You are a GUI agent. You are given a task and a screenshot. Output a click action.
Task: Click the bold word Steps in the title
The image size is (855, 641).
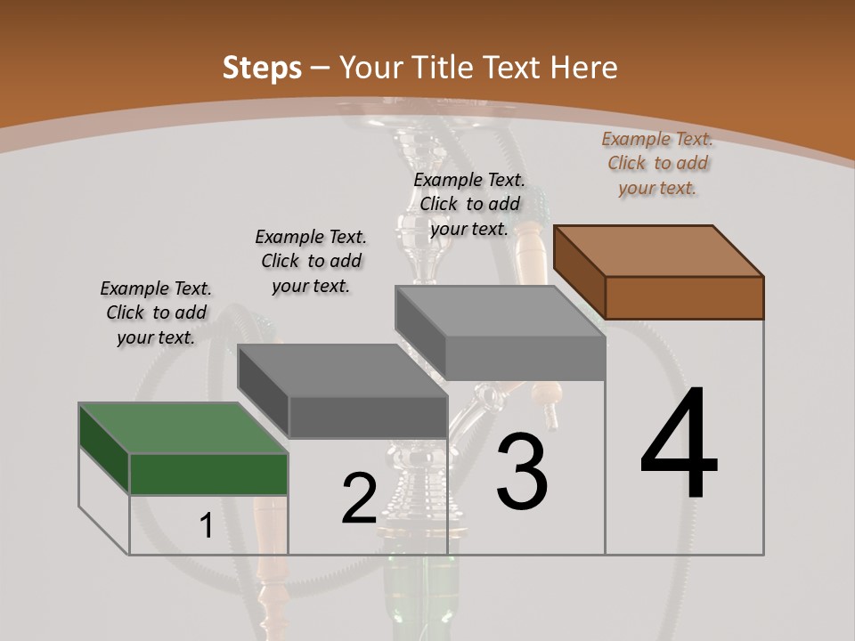click(x=261, y=68)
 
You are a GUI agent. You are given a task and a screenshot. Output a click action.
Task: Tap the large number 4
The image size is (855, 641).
click(x=679, y=445)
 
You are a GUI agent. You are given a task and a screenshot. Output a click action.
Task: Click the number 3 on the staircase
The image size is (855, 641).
click(x=522, y=472)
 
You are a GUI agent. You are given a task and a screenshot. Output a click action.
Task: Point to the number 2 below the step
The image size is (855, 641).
click(x=359, y=499)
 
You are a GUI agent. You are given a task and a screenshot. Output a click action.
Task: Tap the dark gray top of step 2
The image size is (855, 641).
click(x=342, y=369)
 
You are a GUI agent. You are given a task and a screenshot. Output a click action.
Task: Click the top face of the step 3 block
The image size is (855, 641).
click(x=500, y=311)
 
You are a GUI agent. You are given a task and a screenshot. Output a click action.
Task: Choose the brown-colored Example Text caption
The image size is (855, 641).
click(x=657, y=163)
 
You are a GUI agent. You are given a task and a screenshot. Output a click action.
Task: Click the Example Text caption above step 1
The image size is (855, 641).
click(x=156, y=312)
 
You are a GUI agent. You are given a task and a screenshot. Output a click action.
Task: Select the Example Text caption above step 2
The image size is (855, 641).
click(x=311, y=261)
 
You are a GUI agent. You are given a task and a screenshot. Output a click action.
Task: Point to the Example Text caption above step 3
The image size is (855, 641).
click(x=469, y=204)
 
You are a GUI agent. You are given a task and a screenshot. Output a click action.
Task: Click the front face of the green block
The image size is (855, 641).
click(x=208, y=474)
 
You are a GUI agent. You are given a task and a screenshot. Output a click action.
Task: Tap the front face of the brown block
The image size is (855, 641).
click(x=684, y=297)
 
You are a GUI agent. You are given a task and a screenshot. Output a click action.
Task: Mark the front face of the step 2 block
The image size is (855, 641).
click(x=367, y=417)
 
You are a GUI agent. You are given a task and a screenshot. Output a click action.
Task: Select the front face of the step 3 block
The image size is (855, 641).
click(x=525, y=359)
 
